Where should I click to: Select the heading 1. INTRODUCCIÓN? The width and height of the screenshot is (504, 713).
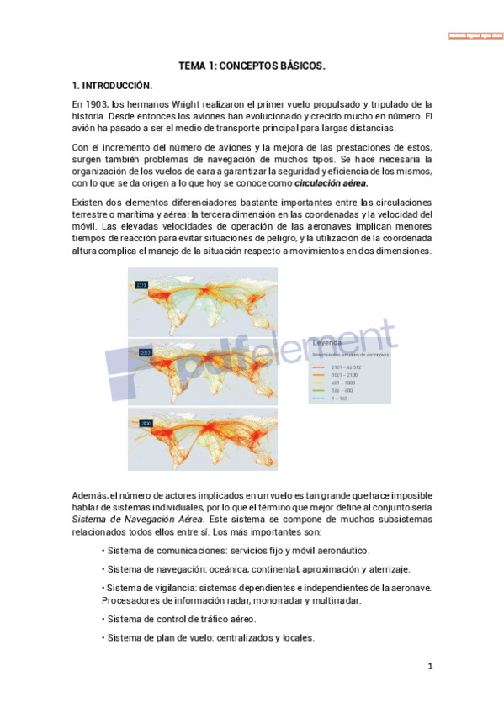tap(112, 86)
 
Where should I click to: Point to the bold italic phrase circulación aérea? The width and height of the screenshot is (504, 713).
tap(332, 182)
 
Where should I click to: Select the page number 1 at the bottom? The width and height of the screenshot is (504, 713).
tap(429, 667)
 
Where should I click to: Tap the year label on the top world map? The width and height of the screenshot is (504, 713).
tap(141, 286)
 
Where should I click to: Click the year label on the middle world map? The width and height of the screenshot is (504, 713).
tap(146, 353)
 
